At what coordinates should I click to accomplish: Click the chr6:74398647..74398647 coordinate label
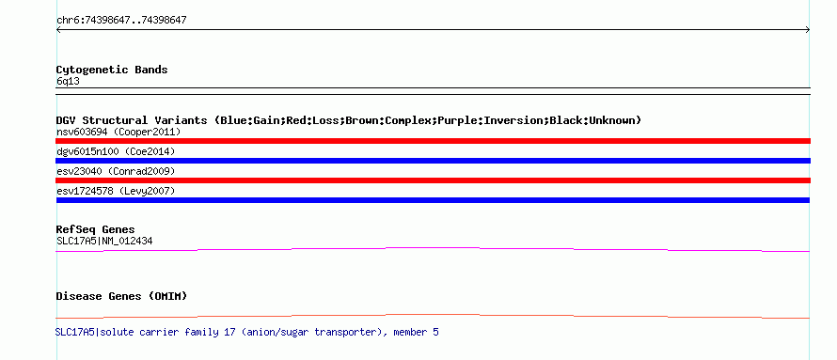[121, 21]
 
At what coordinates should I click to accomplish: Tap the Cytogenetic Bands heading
[112, 70]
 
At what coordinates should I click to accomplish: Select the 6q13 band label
[69, 82]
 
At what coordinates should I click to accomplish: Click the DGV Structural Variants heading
[349, 120]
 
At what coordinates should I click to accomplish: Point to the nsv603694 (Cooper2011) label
[118, 132]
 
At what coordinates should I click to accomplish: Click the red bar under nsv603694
[433, 141]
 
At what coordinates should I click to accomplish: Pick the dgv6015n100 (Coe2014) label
[116, 152]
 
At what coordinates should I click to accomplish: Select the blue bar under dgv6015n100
[433, 161]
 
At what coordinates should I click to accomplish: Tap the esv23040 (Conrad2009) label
[116, 171]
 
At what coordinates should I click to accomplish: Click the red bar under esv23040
[433, 180]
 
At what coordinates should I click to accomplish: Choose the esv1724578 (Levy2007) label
[116, 191]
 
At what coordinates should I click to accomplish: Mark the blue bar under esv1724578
[433, 200]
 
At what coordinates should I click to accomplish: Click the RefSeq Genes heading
[96, 230]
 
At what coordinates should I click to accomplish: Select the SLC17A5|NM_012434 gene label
[104, 241]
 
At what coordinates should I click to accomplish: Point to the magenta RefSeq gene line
[433, 248]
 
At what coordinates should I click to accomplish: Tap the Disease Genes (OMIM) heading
[121, 296]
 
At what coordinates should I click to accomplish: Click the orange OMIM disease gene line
[433, 315]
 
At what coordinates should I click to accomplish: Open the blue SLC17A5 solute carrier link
[247, 332]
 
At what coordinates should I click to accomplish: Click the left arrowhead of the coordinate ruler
[57, 30]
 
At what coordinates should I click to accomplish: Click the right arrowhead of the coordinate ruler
[808, 30]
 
